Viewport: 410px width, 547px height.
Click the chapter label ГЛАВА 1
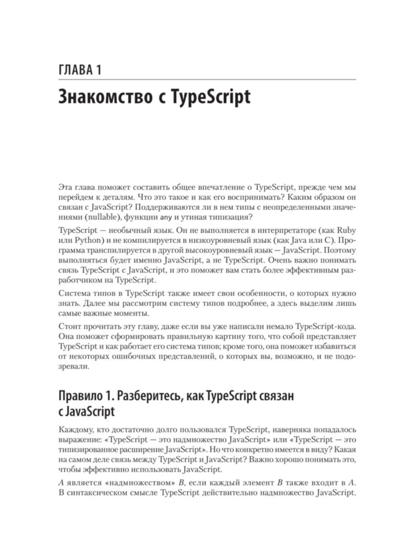pyautogui.click(x=80, y=70)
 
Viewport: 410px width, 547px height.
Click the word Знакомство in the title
pyautogui.click(x=105, y=97)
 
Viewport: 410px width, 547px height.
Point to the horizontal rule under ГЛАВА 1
pyautogui.click(x=207, y=79)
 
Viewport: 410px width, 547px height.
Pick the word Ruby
pyautogui.click(x=346, y=230)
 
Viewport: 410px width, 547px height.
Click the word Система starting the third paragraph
pyautogui.click(x=75, y=293)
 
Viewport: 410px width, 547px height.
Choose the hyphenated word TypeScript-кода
pyautogui.click(x=326, y=327)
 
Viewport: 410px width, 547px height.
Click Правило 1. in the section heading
pyautogui.click(x=86, y=396)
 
